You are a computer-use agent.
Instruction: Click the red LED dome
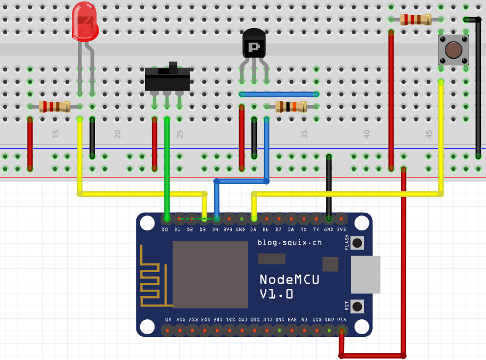(x=85, y=21)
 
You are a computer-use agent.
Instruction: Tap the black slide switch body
(x=167, y=80)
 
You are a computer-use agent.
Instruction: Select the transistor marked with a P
(x=253, y=45)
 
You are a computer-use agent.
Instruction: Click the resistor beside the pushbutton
(x=416, y=20)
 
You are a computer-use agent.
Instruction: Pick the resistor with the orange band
(x=291, y=106)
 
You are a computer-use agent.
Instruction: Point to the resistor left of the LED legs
(x=54, y=106)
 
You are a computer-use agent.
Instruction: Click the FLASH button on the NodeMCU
(x=357, y=242)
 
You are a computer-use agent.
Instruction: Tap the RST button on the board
(x=357, y=306)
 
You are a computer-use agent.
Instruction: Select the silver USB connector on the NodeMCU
(x=366, y=274)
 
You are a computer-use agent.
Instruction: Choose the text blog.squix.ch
(x=289, y=242)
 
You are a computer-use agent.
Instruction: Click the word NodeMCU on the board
(x=289, y=279)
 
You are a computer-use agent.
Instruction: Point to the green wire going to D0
(x=167, y=165)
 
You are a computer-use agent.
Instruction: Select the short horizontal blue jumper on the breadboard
(x=279, y=95)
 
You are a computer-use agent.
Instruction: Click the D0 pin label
(x=165, y=229)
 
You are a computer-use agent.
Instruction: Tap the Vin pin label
(x=342, y=319)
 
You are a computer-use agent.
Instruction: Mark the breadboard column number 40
(x=366, y=134)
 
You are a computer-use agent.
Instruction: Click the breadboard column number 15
(x=55, y=134)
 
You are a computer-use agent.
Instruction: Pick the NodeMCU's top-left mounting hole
(x=147, y=223)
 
